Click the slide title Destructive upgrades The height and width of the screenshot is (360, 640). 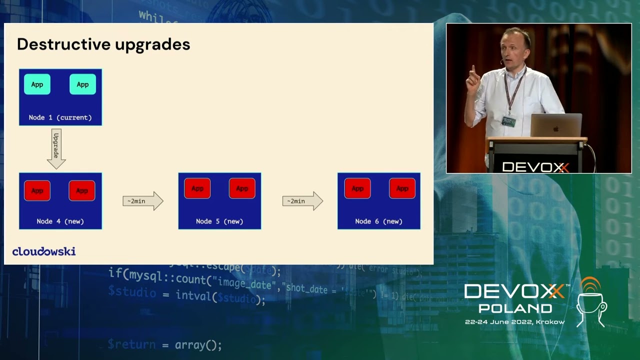pos(103,44)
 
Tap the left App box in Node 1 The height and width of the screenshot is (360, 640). pos(37,84)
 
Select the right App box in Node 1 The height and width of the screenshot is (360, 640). pos(82,84)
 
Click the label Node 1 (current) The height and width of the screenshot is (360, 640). pos(60,117)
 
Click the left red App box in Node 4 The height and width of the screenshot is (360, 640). pos(37,190)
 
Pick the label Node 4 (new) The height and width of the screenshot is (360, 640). pos(60,221)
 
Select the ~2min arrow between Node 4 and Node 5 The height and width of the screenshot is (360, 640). pos(142,201)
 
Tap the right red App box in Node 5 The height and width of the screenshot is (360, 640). pos(242,188)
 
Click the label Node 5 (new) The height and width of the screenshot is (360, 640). pos(219,221)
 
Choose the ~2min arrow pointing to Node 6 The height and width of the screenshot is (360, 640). pos(302,201)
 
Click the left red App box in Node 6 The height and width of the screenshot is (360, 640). pos(357,188)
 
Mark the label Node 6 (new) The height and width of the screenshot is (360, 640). pos(378,221)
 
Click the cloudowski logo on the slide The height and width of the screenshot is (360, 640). pos(44,251)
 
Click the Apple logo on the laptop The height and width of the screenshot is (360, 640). pos(555,128)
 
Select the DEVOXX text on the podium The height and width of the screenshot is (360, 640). pos(535,167)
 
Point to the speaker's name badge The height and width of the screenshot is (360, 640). pos(508,121)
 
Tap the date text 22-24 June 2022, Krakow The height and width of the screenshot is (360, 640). pos(514,322)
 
